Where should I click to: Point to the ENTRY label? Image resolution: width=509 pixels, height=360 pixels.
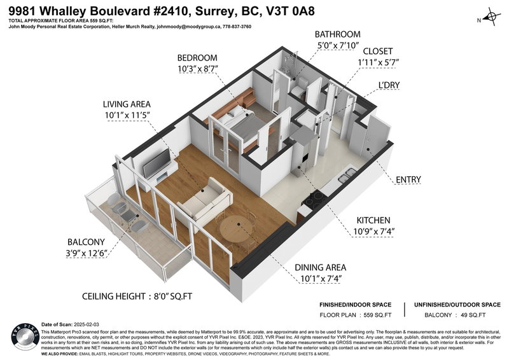407,180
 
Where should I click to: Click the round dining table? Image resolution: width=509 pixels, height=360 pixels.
235,229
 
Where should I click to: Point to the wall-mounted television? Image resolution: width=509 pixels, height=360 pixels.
157,163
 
